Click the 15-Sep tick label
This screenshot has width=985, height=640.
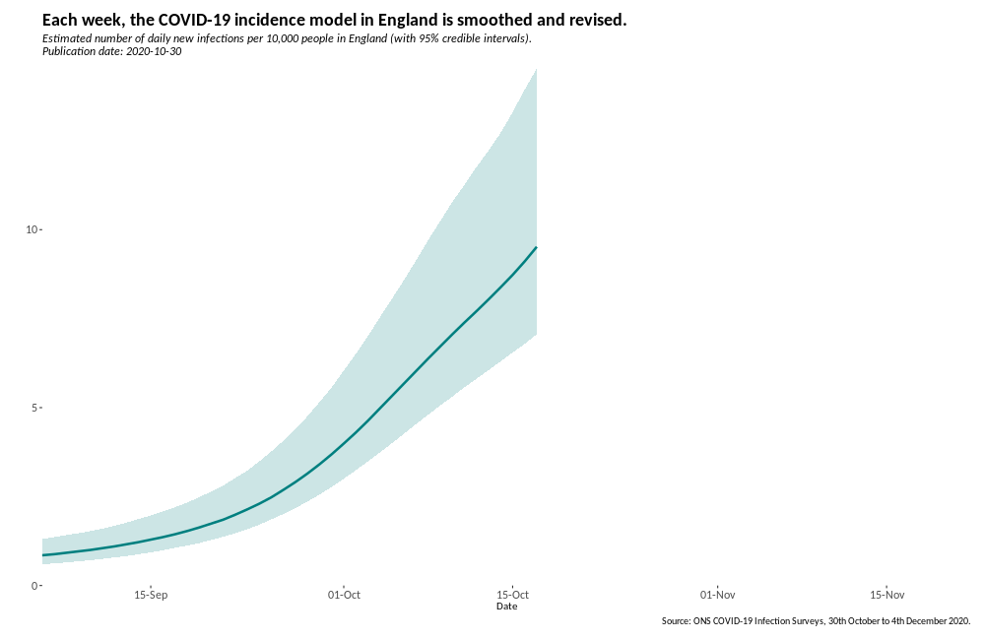tap(151, 595)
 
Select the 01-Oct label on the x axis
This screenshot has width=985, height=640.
tap(344, 595)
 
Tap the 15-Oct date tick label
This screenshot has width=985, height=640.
tap(513, 595)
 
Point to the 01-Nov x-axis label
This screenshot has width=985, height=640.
tap(718, 595)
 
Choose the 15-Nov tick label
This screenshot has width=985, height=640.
tap(887, 595)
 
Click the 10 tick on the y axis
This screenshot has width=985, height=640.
tap(32, 229)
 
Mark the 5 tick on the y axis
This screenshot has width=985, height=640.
tap(34, 408)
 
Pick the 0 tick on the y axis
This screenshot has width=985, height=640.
tap(34, 586)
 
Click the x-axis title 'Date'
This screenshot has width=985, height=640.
tap(506, 607)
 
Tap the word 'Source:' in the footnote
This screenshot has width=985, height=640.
tap(676, 621)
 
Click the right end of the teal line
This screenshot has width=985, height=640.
tap(536, 247)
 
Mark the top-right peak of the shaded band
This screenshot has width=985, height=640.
tap(535, 70)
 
